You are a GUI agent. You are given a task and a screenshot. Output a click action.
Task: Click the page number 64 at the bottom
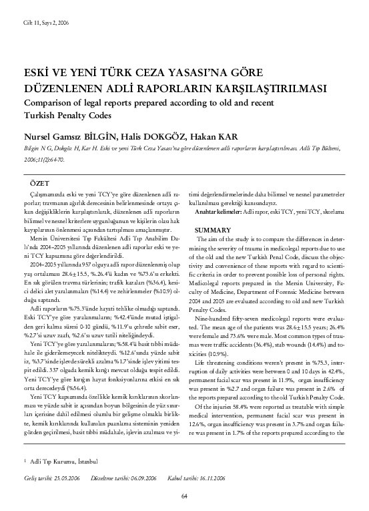[x=184, y=495]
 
